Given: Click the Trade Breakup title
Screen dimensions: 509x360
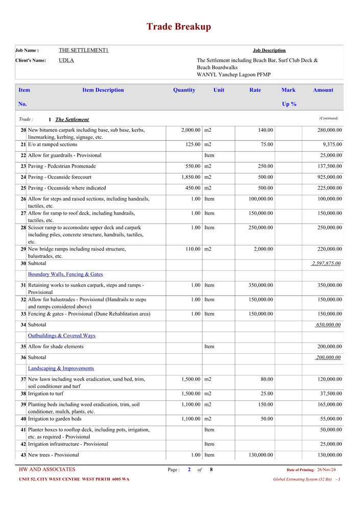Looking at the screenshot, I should tap(179, 27).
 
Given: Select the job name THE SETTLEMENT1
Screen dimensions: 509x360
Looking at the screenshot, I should tap(84, 50).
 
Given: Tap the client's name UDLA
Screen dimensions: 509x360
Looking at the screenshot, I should tap(66, 60).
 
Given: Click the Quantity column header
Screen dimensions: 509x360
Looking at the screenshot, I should tap(184, 90).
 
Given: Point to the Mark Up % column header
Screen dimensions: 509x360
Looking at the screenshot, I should tap(289, 96).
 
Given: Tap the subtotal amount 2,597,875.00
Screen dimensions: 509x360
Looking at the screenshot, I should tap(326, 263).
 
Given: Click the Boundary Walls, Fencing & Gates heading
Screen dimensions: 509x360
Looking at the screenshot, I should tap(65, 274).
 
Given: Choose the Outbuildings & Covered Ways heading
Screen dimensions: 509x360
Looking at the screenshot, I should tap(61, 335).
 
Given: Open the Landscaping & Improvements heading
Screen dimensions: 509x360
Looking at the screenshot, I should tap(61, 368).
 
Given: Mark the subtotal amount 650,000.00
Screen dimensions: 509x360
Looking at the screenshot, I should tap(329, 325).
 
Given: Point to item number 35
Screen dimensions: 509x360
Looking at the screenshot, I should tap(23, 346).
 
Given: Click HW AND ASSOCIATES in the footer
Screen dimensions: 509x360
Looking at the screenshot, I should tap(47, 470).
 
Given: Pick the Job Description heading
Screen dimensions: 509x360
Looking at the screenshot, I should tap(269, 50).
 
